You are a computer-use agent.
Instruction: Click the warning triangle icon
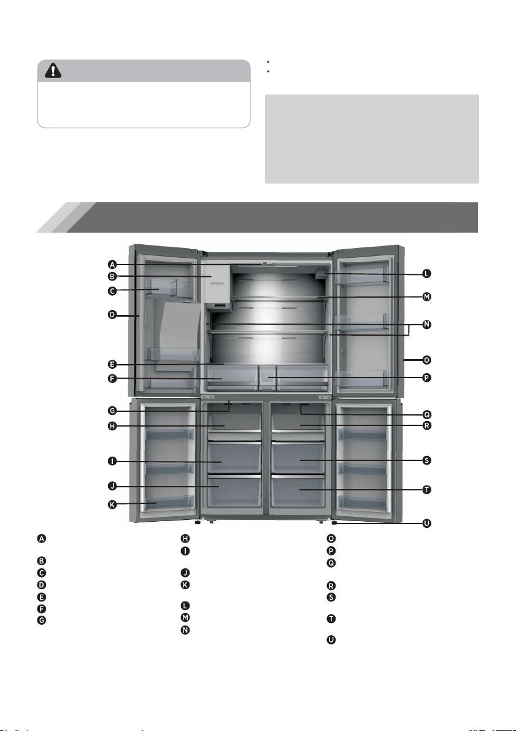tap(53, 71)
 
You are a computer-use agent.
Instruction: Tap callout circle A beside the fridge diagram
tap(112, 265)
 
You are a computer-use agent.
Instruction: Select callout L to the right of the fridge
tap(426, 274)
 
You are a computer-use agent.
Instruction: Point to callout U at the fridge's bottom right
tap(426, 523)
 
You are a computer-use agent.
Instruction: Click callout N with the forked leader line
tap(426, 325)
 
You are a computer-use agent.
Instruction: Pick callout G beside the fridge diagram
tap(112, 411)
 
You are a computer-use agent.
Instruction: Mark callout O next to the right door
tap(426, 360)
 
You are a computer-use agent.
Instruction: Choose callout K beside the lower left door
tap(112, 505)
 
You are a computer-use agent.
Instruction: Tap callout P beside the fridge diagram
tap(426, 377)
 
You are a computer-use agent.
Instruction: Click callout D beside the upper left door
tap(112, 315)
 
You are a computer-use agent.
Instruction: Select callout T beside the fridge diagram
tap(426, 490)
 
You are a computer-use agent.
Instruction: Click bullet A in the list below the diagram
tap(42, 538)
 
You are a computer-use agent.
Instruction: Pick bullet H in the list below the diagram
tap(185, 538)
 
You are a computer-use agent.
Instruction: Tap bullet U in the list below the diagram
tap(331, 640)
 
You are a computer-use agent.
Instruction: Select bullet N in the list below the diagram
tap(185, 630)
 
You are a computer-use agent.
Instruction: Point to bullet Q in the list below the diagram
tap(331, 563)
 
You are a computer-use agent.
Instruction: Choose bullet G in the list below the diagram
tap(42, 620)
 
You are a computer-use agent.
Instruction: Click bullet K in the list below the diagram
tap(185, 584)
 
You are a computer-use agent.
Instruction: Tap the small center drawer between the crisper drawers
tap(267, 377)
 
